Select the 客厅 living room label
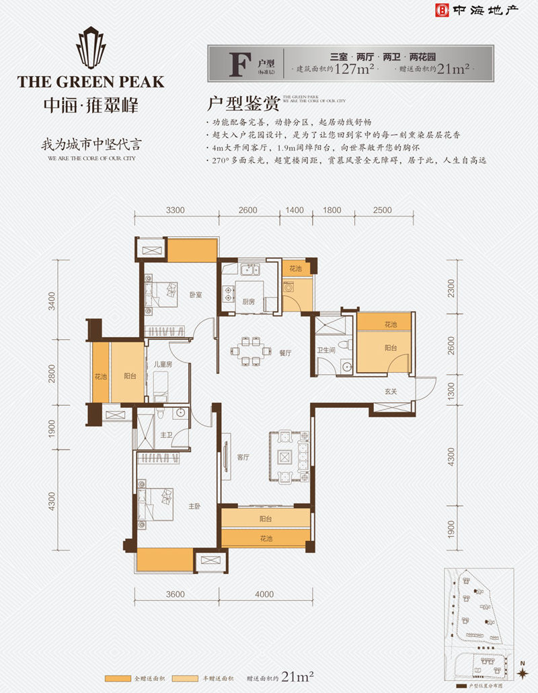(x=243, y=457)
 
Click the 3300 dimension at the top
(x=176, y=210)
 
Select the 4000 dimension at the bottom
(x=265, y=594)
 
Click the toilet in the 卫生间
(x=345, y=344)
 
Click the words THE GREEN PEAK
(x=91, y=82)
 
